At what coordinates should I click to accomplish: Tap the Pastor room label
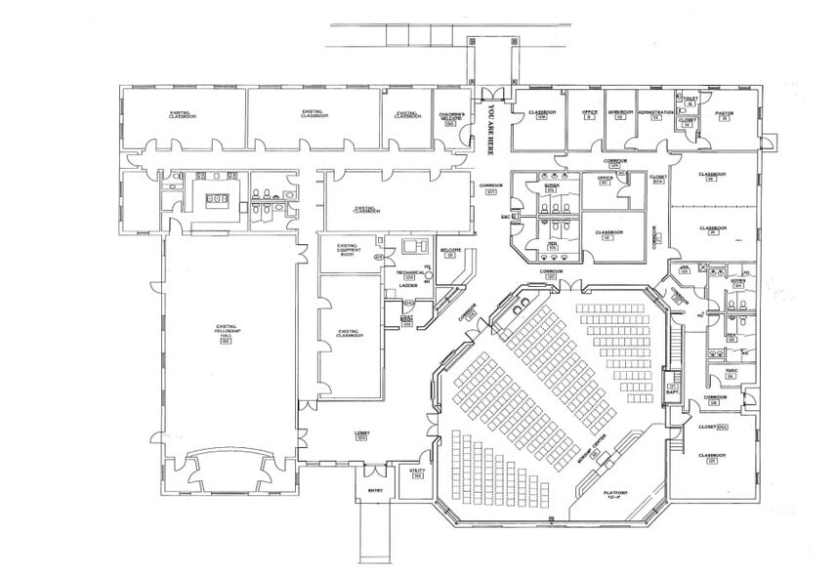[723, 115]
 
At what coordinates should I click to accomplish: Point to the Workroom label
[620, 113]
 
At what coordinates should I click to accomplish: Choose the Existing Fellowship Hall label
[224, 333]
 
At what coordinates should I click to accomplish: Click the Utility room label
[418, 472]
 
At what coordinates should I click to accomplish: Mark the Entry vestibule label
[374, 490]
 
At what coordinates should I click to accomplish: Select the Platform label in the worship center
[615, 493]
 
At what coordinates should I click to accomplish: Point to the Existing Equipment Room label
[349, 249]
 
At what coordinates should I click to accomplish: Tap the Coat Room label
[407, 319]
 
